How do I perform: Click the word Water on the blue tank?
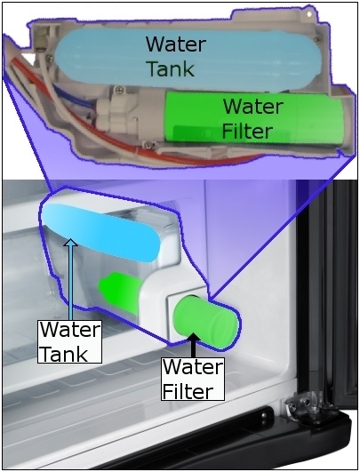(x=176, y=44)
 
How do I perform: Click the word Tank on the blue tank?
(x=171, y=68)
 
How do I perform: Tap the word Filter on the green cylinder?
(x=247, y=131)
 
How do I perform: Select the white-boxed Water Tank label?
(x=69, y=341)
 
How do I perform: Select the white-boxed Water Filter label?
(x=193, y=379)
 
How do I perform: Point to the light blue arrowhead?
(x=71, y=243)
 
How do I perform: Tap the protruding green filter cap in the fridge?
(x=207, y=323)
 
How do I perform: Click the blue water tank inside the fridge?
(x=100, y=231)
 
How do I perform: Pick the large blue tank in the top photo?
(x=188, y=60)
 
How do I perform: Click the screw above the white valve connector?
(x=120, y=89)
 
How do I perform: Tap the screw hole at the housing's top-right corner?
(x=308, y=14)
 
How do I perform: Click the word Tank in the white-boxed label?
(x=63, y=353)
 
